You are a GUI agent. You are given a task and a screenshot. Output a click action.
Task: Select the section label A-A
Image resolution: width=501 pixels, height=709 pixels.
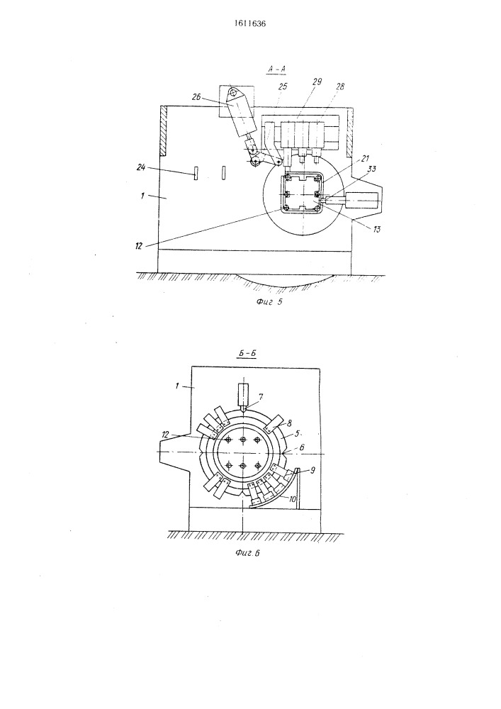tap(277, 69)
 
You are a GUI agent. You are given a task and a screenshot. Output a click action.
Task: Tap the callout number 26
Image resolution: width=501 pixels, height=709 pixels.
tap(198, 96)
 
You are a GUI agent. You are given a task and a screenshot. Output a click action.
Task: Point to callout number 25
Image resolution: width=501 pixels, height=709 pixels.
tap(282, 86)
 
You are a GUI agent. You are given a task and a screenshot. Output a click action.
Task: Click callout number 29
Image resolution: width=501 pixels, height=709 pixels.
tap(317, 82)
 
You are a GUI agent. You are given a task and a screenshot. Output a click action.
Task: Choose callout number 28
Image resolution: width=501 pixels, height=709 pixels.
tap(339, 86)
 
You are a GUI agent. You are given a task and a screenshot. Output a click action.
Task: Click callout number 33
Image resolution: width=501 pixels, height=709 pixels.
tap(372, 169)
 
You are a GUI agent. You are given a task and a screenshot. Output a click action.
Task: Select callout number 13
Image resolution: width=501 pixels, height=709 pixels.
tap(376, 229)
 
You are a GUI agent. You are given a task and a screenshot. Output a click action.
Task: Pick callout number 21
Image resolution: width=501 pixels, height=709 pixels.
tap(364, 158)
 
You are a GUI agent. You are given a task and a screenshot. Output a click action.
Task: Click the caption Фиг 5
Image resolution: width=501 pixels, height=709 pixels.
tap(269, 303)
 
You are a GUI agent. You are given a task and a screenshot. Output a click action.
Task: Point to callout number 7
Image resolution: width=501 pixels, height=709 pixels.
tap(261, 396)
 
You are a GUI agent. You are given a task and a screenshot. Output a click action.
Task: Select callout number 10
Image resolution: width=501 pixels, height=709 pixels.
tap(292, 499)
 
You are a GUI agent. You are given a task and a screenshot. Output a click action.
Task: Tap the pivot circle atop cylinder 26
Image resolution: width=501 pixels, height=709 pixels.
tap(232, 93)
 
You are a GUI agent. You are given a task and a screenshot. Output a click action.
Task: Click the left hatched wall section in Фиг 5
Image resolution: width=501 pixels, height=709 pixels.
tap(164, 130)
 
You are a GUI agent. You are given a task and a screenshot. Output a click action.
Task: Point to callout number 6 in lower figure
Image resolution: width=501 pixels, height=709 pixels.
tap(302, 447)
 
